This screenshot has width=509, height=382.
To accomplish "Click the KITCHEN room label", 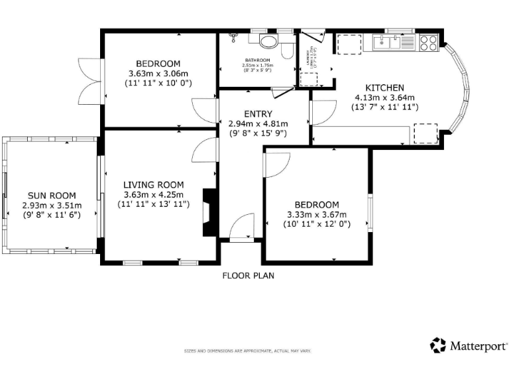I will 384,88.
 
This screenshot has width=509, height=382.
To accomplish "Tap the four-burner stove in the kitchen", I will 428,42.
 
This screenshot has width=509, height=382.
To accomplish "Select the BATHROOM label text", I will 258,60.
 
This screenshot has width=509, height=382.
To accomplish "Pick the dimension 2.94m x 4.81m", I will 258,123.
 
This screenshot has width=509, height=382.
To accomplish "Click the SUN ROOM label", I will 51,196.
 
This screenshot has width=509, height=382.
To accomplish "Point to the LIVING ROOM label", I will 153,184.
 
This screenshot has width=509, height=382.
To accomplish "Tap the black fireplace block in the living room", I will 209,212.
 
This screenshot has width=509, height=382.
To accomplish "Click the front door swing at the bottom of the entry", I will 242,227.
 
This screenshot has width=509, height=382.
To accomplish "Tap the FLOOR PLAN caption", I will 248,276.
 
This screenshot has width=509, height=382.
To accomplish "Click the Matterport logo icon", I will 438,345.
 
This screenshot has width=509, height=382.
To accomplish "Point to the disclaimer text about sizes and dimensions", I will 247,351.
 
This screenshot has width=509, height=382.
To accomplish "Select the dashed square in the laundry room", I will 308,79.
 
